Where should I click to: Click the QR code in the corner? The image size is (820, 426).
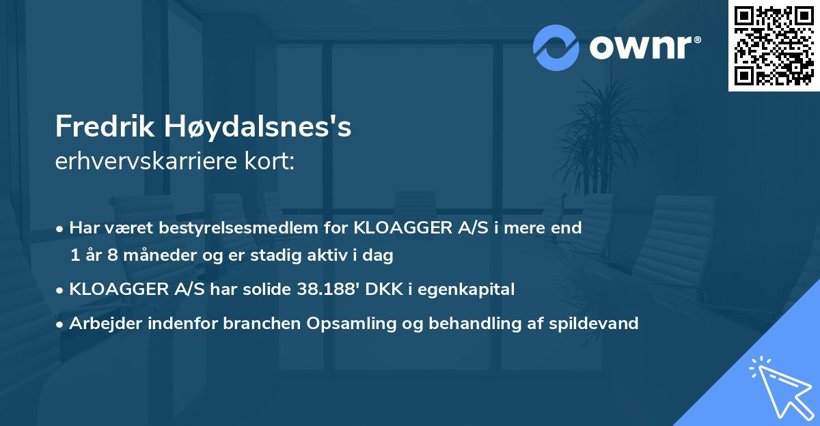pos(774,46)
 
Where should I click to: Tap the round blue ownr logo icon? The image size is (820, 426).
pos(556,48)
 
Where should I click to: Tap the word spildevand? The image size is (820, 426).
pos(594,323)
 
